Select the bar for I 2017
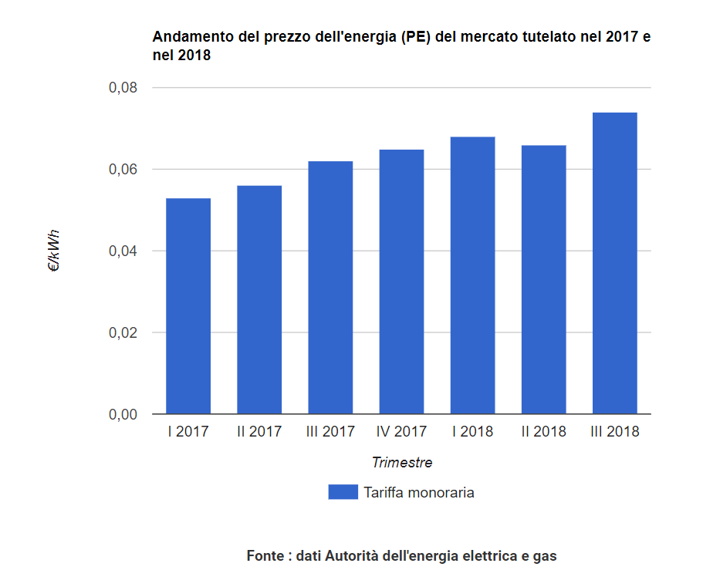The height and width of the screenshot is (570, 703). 188,306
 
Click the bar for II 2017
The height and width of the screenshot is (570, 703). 259,300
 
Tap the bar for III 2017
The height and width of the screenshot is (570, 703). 330,288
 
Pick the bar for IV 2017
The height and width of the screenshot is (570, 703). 401,282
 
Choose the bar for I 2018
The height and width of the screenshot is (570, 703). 472,275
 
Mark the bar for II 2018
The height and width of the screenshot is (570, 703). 543,279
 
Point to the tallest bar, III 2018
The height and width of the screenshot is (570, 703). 615,263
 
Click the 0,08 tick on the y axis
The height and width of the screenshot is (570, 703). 123,88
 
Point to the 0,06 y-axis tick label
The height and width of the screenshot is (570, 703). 123,170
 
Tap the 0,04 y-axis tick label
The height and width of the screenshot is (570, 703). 123,251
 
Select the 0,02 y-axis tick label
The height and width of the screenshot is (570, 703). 123,333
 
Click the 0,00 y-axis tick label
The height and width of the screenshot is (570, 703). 123,415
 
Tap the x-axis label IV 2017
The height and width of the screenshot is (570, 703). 401,432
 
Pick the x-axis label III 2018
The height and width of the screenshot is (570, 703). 615,432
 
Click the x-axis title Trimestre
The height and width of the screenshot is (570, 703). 401,463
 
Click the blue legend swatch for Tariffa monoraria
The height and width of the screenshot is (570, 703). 343,492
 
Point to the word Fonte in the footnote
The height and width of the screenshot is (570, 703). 265,555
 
